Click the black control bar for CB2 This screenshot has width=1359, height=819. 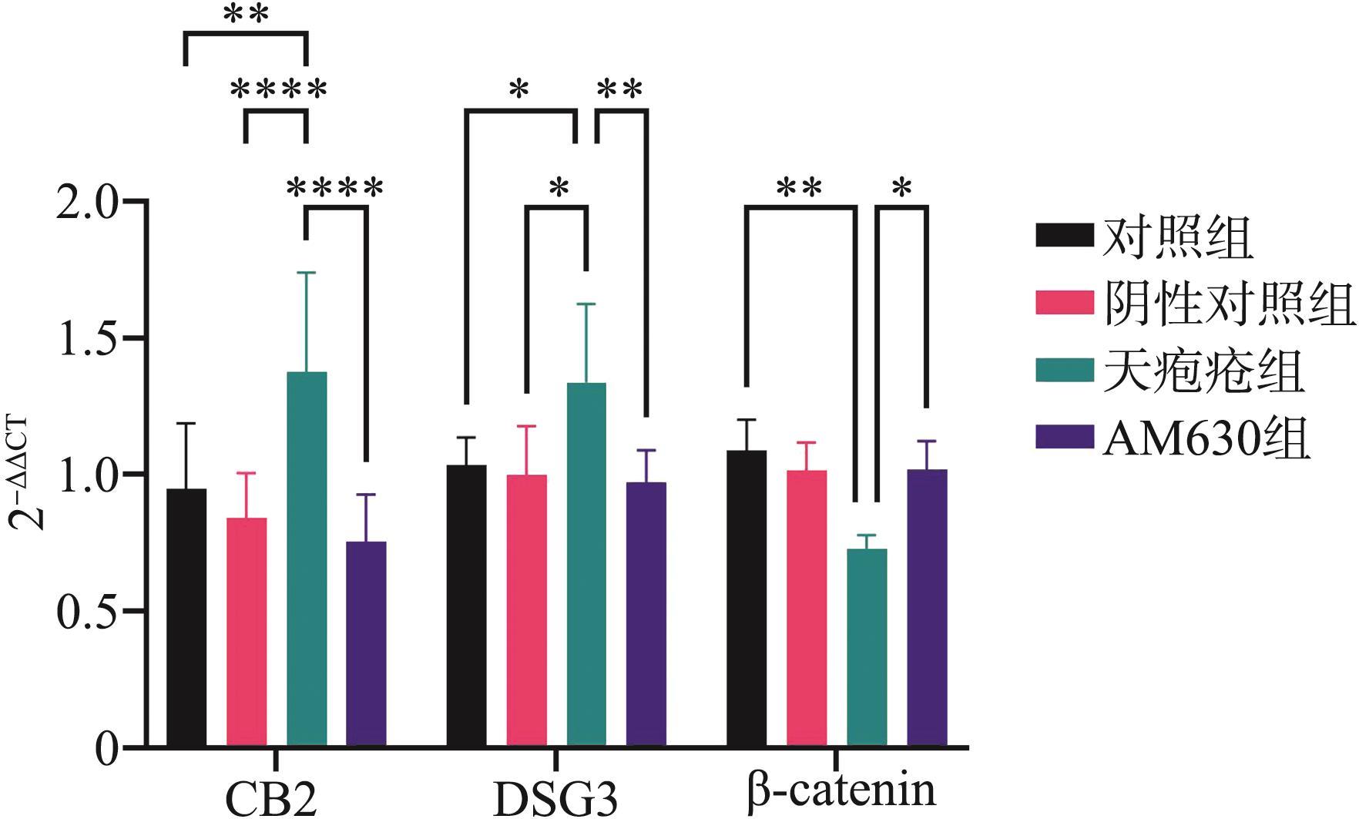click(x=186, y=617)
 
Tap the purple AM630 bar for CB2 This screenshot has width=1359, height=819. click(x=366, y=644)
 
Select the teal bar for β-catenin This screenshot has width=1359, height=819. click(x=867, y=647)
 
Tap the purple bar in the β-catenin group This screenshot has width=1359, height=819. click(x=927, y=608)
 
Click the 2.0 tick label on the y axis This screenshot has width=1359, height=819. click(x=88, y=202)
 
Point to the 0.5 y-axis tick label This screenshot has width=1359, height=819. click(x=88, y=612)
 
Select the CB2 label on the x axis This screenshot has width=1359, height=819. click(x=271, y=799)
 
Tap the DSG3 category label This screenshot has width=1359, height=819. click(x=555, y=799)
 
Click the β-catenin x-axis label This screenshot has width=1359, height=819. click(x=841, y=791)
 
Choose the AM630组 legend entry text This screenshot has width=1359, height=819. click(x=1205, y=440)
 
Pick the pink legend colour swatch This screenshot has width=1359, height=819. click(x=1064, y=303)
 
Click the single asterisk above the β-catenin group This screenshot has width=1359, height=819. click(x=902, y=187)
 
